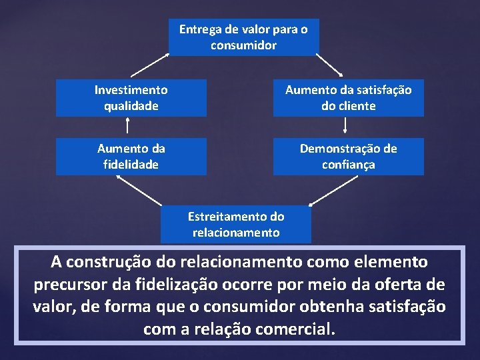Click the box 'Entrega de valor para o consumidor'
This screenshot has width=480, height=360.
243,37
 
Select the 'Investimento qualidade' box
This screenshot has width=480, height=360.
131,97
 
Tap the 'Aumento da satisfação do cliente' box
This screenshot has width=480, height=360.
348,97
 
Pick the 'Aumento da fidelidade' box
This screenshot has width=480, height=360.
131,156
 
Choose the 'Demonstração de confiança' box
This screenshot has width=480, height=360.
348,156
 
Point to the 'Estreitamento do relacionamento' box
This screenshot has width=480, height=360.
236,224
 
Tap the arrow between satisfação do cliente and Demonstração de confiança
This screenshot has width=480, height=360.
345,127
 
